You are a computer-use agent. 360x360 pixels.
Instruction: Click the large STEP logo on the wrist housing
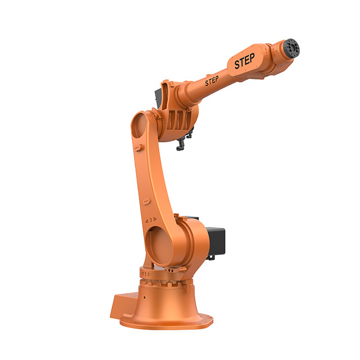tap(244, 61)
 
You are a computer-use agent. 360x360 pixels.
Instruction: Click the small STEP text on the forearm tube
tap(211, 81)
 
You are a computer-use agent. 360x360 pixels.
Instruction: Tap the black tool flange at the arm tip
tap(291, 48)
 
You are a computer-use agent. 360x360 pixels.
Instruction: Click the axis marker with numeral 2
tap(151, 220)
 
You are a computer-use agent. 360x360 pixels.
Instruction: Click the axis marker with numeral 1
tap(146, 274)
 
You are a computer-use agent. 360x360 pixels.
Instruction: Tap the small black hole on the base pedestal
tap(145, 298)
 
